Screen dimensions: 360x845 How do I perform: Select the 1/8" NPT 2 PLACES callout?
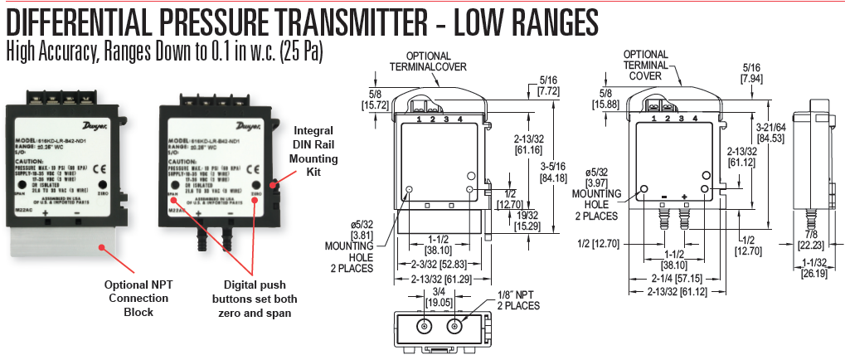(x=520, y=299)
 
